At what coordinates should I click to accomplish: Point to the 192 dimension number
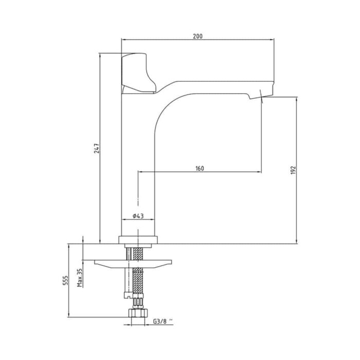click(293, 171)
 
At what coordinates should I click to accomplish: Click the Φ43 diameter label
click(137, 217)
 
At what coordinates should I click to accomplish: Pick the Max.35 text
click(80, 278)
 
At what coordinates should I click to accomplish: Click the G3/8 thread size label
click(163, 322)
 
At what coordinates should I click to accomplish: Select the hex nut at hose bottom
click(137, 313)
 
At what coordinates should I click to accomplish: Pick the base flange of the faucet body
click(137, 239)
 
